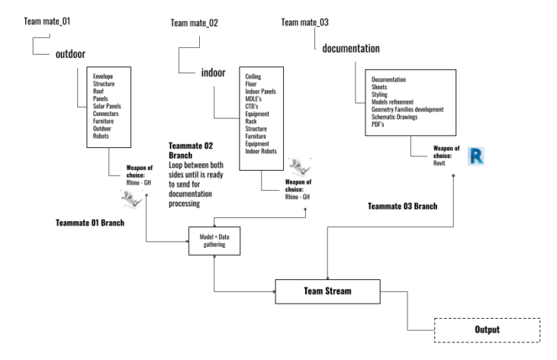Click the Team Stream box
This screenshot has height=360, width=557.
(328, 291)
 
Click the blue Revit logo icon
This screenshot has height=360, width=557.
(478, 156)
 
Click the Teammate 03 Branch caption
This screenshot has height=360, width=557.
(403, 206)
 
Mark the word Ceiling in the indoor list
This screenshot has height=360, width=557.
(253, 77)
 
